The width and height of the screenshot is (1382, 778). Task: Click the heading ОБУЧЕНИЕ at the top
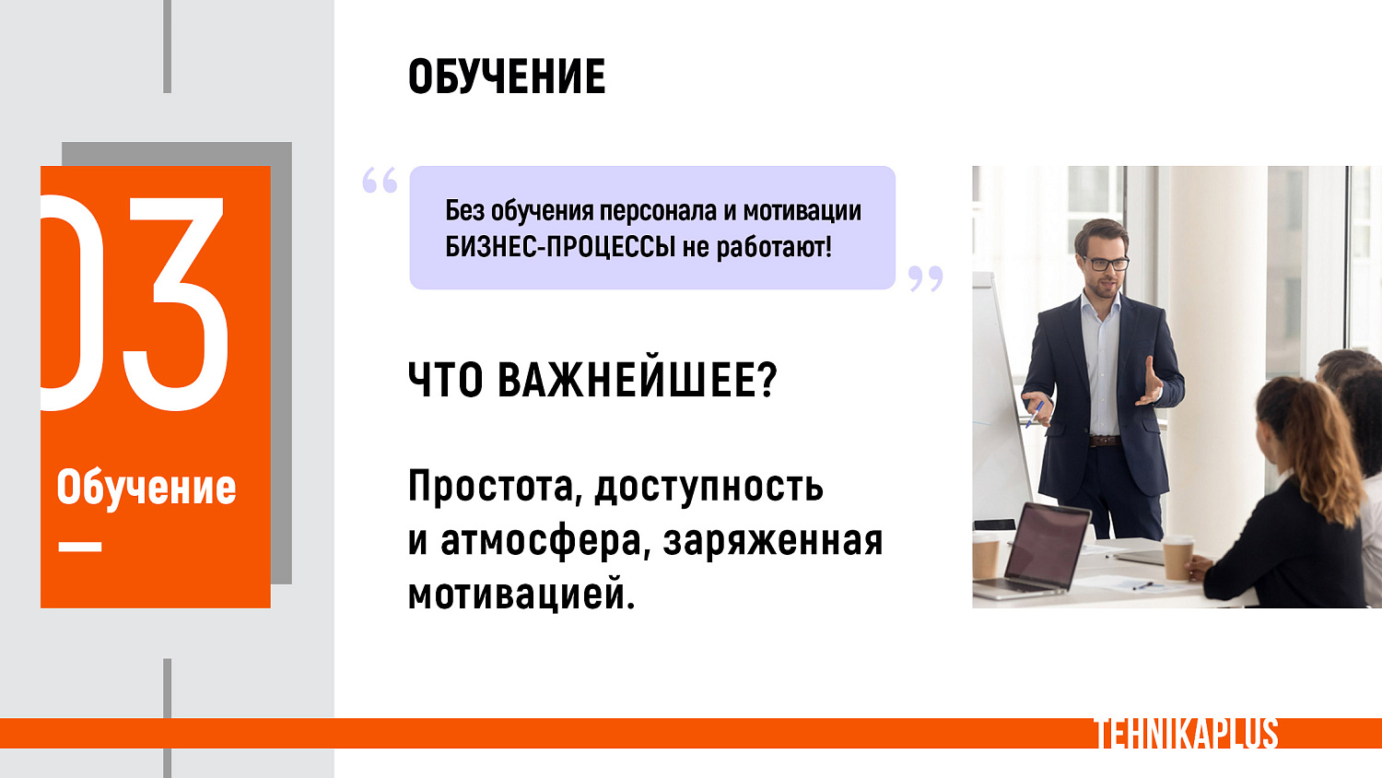pyautogui.click(x=507, y=77)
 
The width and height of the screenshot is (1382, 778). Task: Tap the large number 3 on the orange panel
pyautogui.click(x=175, y=304)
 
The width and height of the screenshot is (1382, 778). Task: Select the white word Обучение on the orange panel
pyautogui.click(x=146, y=487)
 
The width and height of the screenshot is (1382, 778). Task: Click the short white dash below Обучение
pyautogui.click(x=80, y=547)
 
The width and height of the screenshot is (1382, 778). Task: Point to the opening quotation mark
pyautogui.click(x=380, y=180)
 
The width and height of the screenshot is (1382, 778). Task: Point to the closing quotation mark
pyautogui.click(x=925, y=278)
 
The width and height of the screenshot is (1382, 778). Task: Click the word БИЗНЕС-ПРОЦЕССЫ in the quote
pyautogui.click(x=560, y=247)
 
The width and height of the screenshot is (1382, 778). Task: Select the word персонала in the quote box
pyautogui.click(x=658, y=211)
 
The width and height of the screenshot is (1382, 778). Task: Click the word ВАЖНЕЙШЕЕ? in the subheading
pyautogui.click(x=638, y=380)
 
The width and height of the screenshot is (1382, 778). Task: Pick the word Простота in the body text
pyautogui.click(x=492, y=487)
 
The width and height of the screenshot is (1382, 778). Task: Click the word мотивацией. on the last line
pyautogui.click(x=521, y=595)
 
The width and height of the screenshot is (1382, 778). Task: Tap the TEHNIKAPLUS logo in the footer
pyautogui.click(x=1186, y=734)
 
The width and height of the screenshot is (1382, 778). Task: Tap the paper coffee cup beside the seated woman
pyautogui.click(x=1177, y=557)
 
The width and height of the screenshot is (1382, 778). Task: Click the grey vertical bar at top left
pyautogui.click(x=167, y=46)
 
